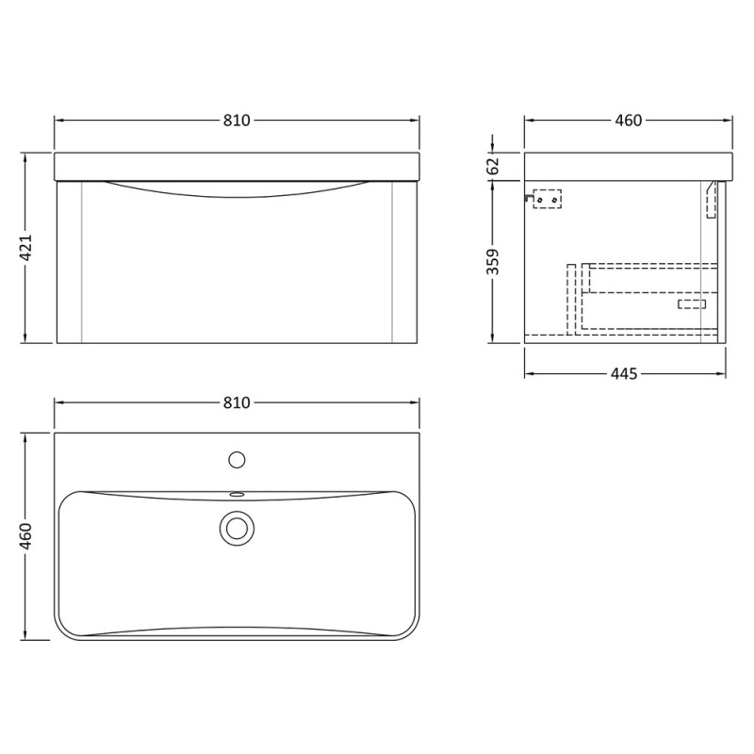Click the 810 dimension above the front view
pos(237,121)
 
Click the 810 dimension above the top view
pos(237,402)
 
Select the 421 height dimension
pos(25,248)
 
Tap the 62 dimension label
pos(493,167)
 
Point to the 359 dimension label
pos(493,262)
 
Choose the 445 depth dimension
pos(624,373)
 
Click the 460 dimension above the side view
pos(629,121)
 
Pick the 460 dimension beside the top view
pos(25,536)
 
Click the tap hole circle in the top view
pos(237,460)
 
